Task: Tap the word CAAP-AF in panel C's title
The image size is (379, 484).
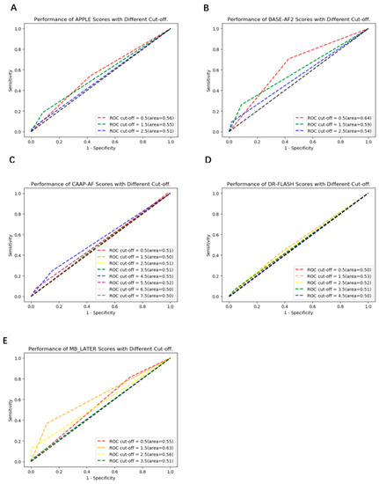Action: pyautogui.click(x=83, y=183)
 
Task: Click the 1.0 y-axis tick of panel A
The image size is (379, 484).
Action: pyautogui.click(x=21, y=29)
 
